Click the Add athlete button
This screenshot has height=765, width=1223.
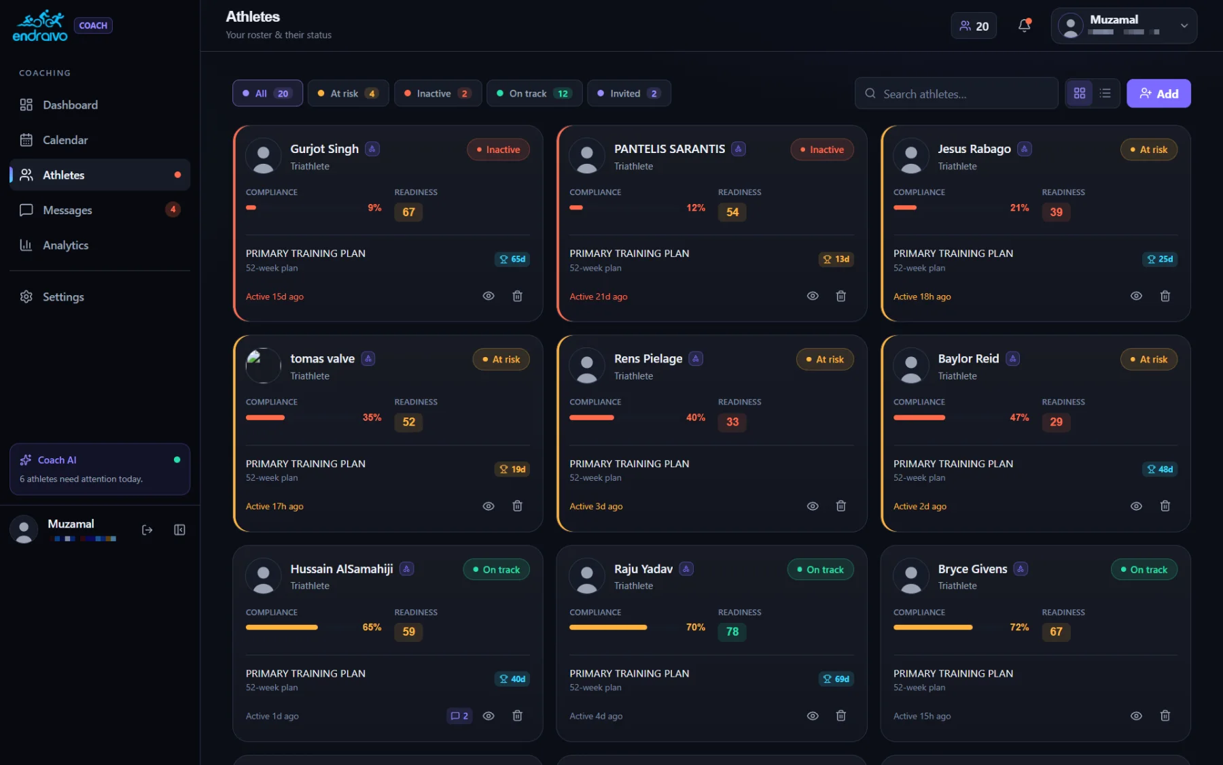point(1158,94)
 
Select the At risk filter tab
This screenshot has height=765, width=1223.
point(348,93)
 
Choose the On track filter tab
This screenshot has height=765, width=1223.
point(534,93)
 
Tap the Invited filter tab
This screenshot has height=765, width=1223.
point(628,93)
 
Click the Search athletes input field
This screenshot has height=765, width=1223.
point(956,94)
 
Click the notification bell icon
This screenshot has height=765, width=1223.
point(1024,26)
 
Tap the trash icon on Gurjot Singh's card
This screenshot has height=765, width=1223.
point(517,296)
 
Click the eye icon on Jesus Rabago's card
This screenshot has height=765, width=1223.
point(1136,296)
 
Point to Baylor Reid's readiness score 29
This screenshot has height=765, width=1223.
point(1056,422)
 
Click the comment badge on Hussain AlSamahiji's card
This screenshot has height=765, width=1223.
point(459,716)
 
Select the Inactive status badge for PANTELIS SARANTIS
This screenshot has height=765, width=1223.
point(821,150)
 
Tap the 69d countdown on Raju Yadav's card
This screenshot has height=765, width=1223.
point(836,679)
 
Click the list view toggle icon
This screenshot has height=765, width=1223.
point(1105,93)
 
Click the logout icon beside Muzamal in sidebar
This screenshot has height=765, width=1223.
point(147,530)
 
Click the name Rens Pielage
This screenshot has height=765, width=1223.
point(648,358)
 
